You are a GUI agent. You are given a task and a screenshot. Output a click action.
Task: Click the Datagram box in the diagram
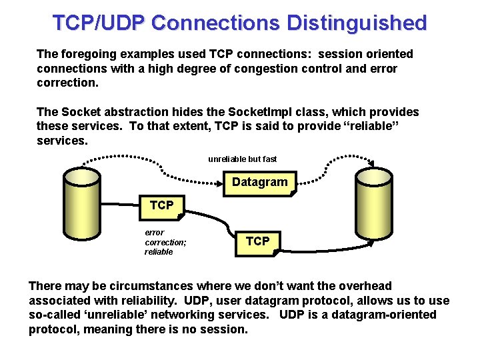tap(259, 183)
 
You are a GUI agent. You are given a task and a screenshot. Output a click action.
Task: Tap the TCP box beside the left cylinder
tap(161, 205)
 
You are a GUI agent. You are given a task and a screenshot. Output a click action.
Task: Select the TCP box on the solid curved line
tap(257, 241)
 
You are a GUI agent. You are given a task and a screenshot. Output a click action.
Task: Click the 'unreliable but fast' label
tap(242, 159)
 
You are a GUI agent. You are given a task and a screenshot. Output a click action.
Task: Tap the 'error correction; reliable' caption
tap(165, 242)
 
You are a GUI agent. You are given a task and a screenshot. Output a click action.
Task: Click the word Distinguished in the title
tap(357, 23)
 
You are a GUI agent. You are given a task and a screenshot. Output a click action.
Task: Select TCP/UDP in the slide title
tap(99, 23)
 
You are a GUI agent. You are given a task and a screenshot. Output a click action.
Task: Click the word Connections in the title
tap(216, 23)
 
